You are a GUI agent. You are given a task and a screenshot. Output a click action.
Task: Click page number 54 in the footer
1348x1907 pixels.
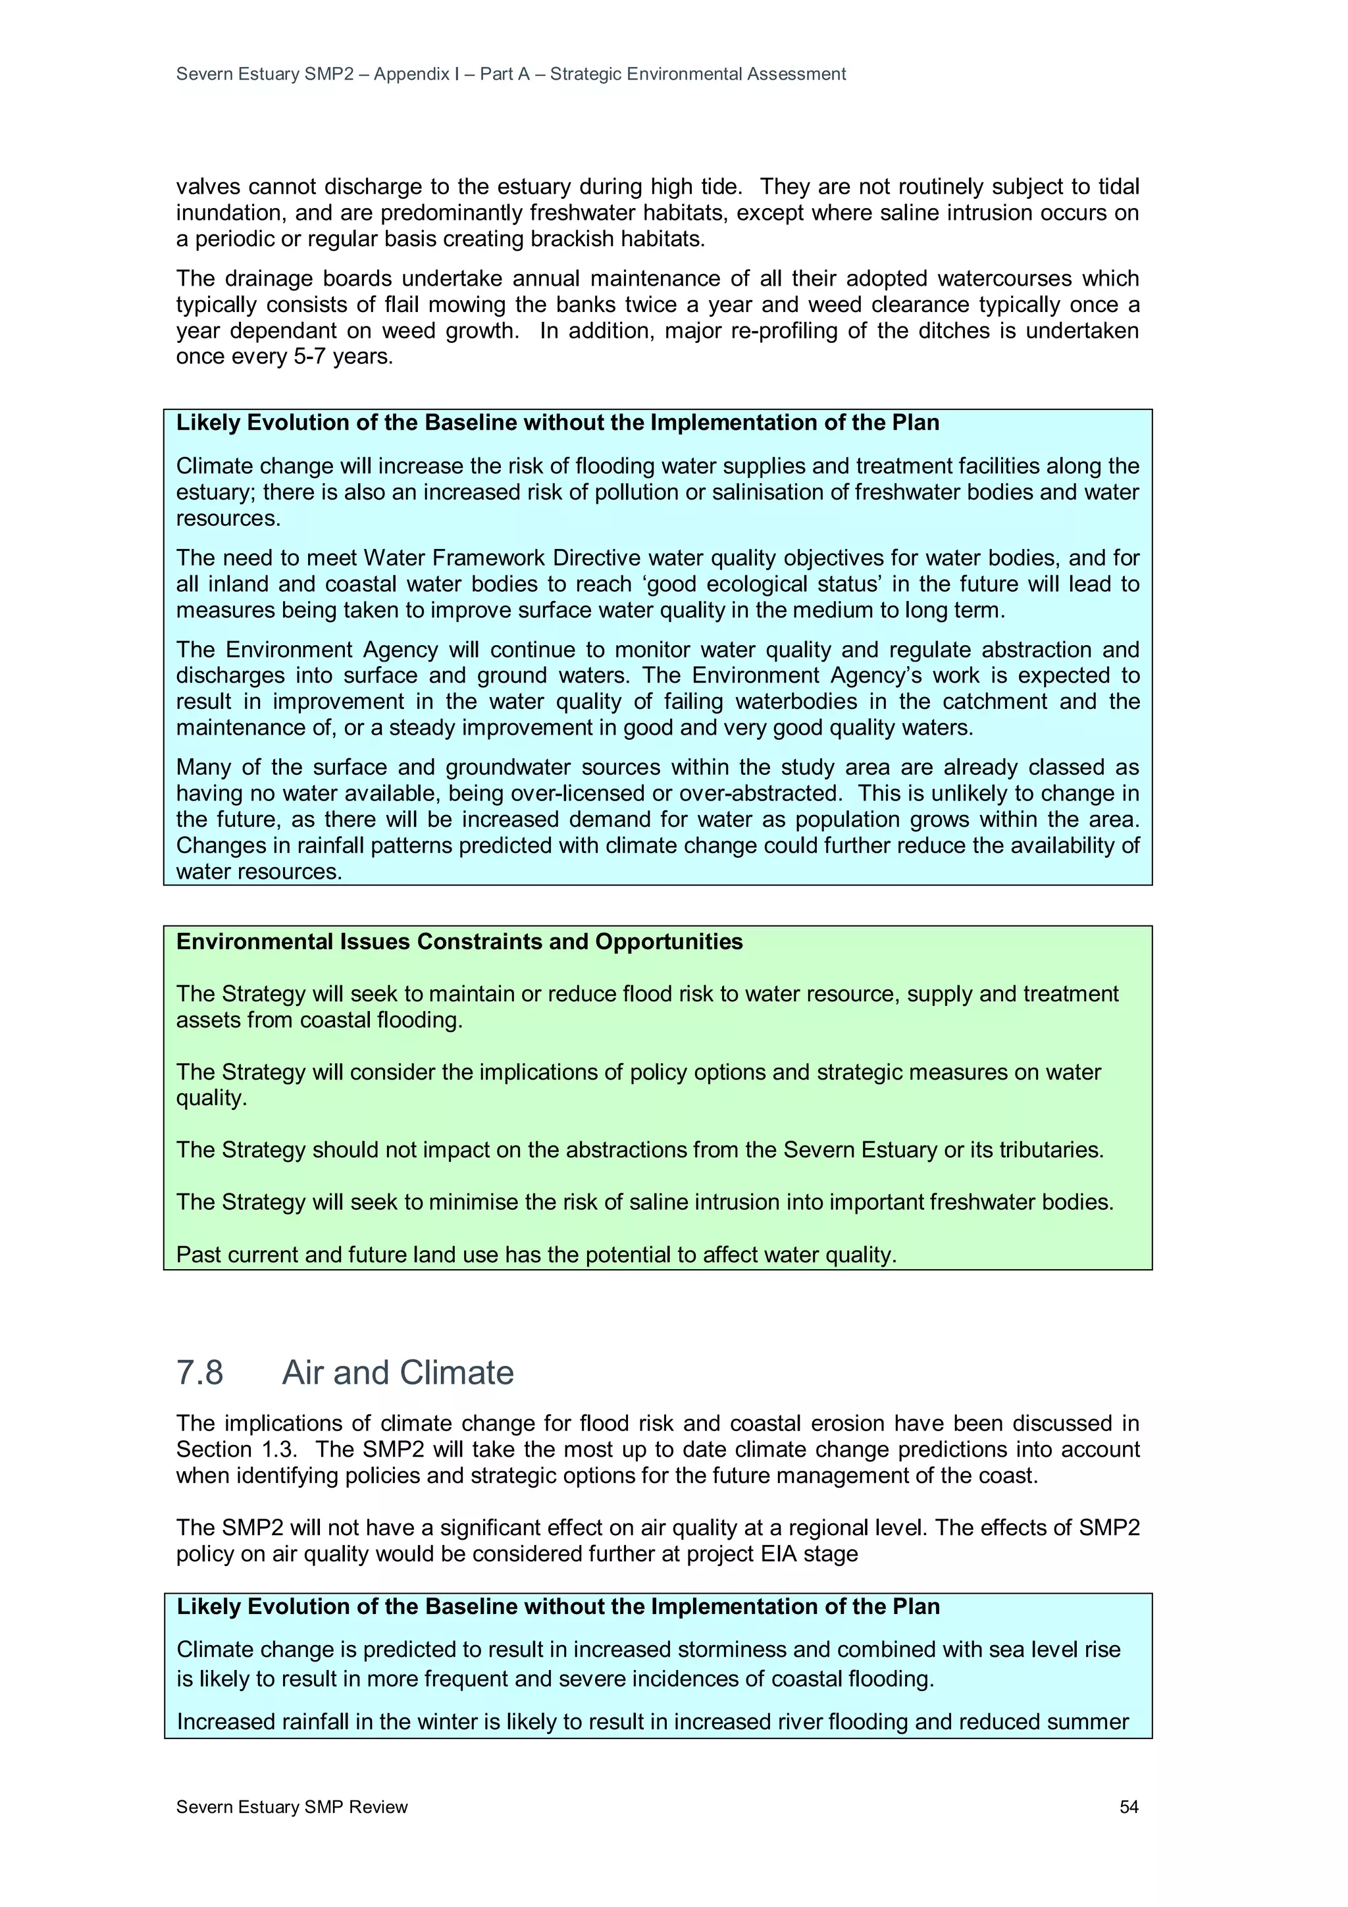(x=1128, y=1806)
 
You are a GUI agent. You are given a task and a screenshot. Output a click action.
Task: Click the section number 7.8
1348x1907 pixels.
(x=199, y=1372)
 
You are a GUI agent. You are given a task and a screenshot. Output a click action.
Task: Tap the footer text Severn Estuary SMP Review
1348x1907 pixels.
(x=292, y=1806)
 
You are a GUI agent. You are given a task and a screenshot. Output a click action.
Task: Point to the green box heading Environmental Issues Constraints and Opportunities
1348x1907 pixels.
(x=459, y=941)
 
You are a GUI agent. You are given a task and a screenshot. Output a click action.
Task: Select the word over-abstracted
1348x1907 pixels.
(x=781, y=793)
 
